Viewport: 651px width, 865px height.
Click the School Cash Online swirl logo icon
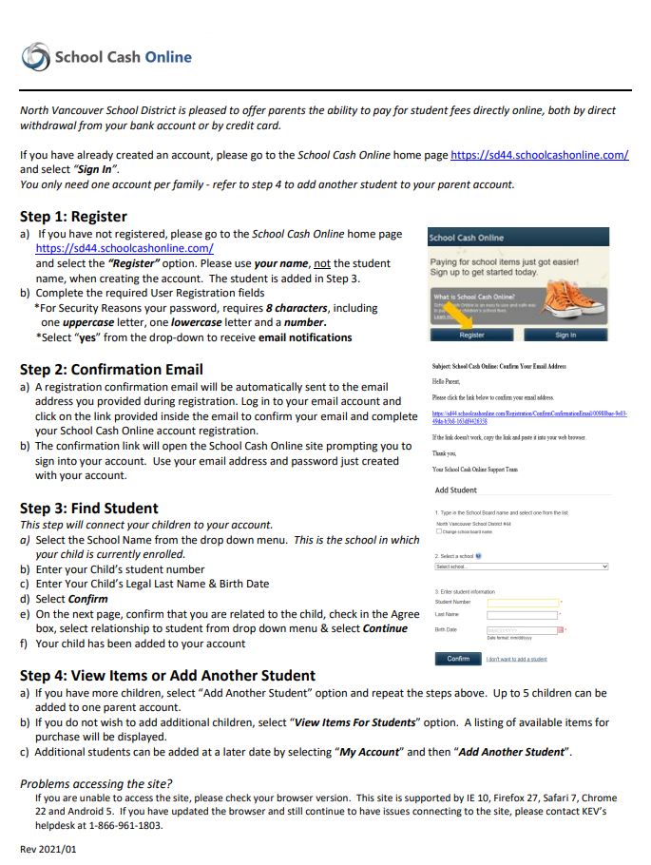click(35, 57)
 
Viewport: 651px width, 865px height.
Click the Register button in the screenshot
click(471, 335)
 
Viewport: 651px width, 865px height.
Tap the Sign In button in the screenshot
click(565, 335)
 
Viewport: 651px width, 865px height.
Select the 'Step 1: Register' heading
click(73, 216)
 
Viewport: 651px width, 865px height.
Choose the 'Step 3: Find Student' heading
click(89, 508)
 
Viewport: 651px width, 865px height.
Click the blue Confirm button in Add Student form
click(457, 658)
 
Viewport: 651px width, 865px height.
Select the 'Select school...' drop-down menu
click(521, 567)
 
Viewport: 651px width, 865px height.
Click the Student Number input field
click(522, 602)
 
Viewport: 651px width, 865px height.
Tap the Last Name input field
click(522, 615)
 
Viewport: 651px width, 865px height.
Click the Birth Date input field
click(522, 629)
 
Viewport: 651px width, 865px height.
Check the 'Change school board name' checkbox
click(438, 531)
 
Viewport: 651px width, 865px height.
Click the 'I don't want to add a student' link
click(516, 659)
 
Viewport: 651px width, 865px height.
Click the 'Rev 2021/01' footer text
click(48, 848)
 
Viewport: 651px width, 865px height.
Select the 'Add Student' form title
click(456, 490)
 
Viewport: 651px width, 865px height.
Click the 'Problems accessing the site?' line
click(96, 783)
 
